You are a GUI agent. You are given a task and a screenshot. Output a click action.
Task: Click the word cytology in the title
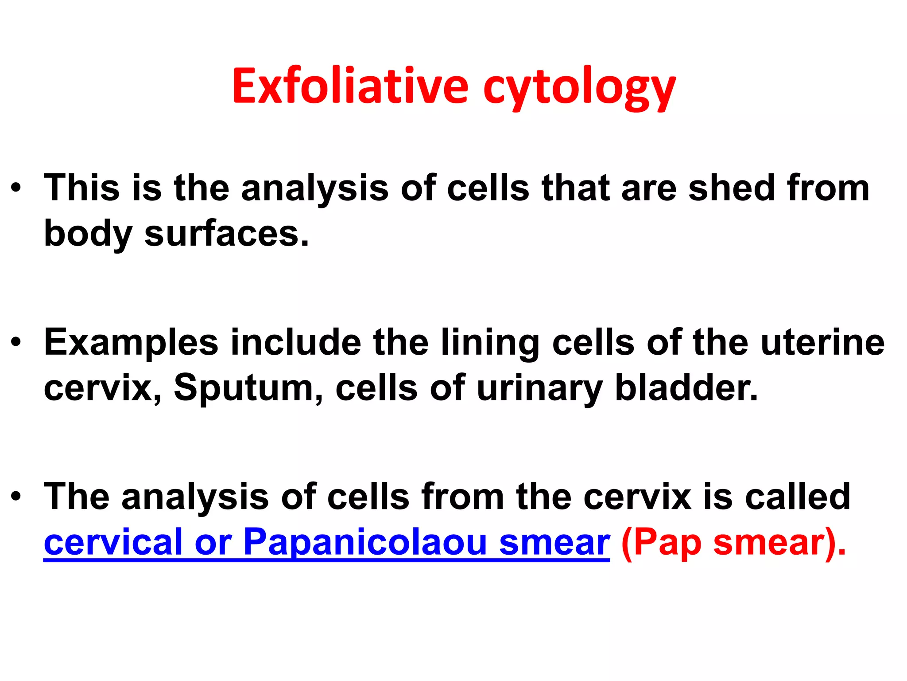[x=579, y=89]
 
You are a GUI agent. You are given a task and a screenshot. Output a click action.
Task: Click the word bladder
[x=686, y=388]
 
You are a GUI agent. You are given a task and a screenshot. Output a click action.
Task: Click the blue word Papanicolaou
[x=365, y=543]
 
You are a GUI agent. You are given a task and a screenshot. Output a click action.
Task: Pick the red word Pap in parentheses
[x=667, y=543]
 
